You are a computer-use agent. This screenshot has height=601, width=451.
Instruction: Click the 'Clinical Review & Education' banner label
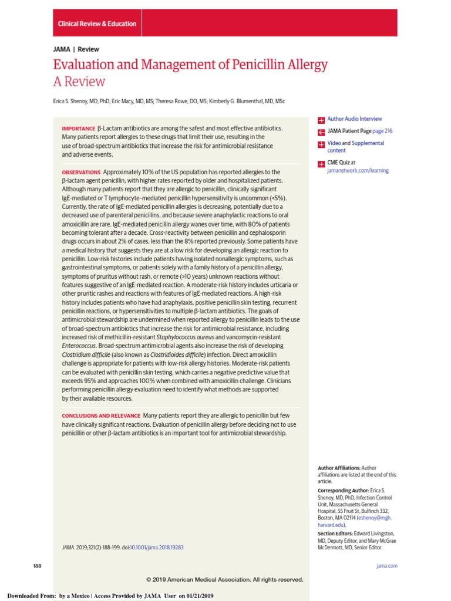[97, 24]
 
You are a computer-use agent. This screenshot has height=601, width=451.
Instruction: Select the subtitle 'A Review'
[79, 82]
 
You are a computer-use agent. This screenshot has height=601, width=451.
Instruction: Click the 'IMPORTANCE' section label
[78, 129]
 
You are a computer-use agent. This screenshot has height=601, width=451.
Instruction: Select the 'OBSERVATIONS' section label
[81, 173]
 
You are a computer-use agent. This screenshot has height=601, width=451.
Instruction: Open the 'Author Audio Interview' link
[354, 119]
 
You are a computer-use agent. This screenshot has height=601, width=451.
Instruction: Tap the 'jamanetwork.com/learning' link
[358, 171]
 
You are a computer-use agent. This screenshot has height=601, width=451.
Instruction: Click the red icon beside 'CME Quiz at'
[321, 164]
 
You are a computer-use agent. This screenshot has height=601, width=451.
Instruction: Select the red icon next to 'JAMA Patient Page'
[321, 132]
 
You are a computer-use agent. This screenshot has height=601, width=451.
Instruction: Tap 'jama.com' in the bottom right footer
[386, 566]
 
